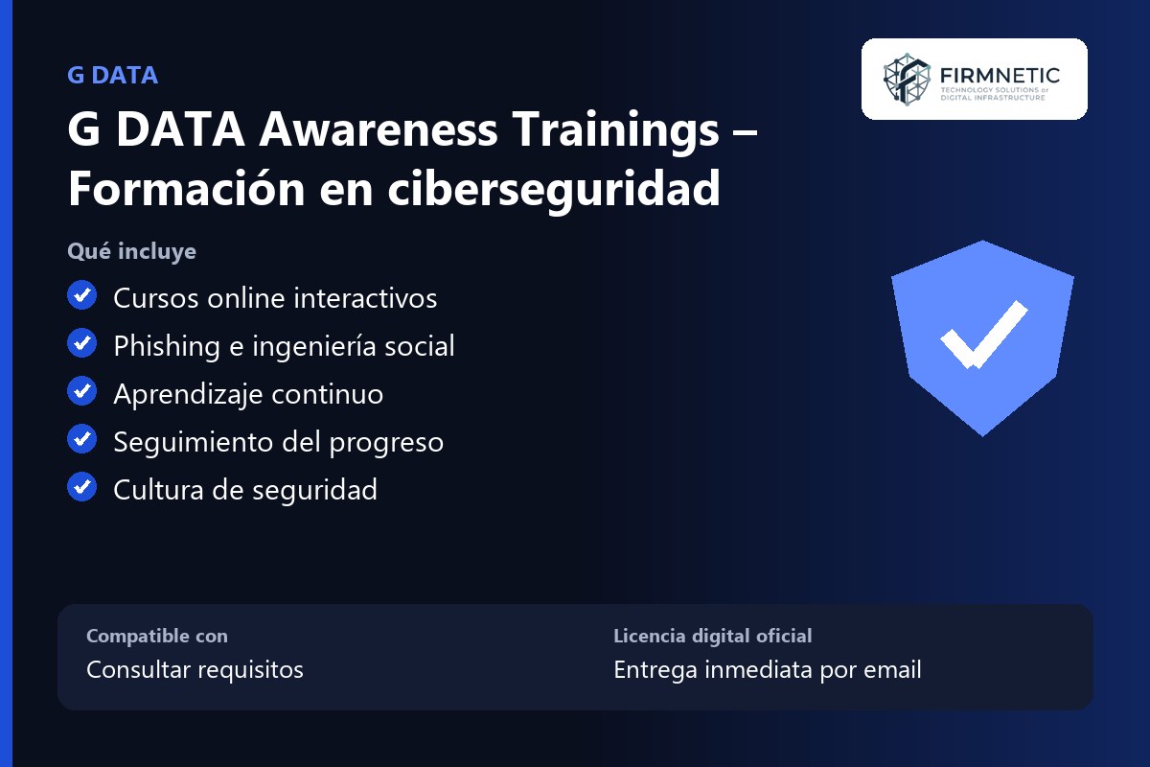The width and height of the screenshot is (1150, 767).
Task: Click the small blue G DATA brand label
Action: (112, 76)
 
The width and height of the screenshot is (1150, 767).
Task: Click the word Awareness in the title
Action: (379, 129)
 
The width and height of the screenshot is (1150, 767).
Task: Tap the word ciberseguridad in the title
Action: (554, 190)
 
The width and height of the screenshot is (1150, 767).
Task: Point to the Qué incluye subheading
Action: (131, 251)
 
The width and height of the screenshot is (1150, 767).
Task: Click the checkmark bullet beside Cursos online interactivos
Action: (81, 295)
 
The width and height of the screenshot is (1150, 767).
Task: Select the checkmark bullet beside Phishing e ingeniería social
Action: (81, 343)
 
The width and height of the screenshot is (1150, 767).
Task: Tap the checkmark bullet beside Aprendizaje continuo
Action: (81, 391)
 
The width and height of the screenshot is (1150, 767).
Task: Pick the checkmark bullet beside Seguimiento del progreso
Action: (81, 439)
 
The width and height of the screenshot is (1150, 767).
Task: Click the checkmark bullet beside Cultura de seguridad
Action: (81, 486)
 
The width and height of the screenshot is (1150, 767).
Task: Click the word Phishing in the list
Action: (167, 346)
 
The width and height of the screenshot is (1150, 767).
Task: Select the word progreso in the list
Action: (386, 443)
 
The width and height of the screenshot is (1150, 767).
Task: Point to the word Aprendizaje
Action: (188, 395)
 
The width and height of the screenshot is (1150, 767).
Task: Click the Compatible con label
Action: (157, 636)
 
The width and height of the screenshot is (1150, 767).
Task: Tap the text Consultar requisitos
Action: (195, 669)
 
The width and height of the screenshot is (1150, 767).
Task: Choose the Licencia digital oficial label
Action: (713, 636)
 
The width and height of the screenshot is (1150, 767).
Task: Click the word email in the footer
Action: (892, 669)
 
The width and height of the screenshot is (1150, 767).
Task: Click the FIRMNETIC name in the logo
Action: (1000, 76)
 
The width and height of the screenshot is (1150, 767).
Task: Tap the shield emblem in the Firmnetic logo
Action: (907, 80)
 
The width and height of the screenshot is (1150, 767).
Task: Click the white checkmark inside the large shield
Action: (983, 335)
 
